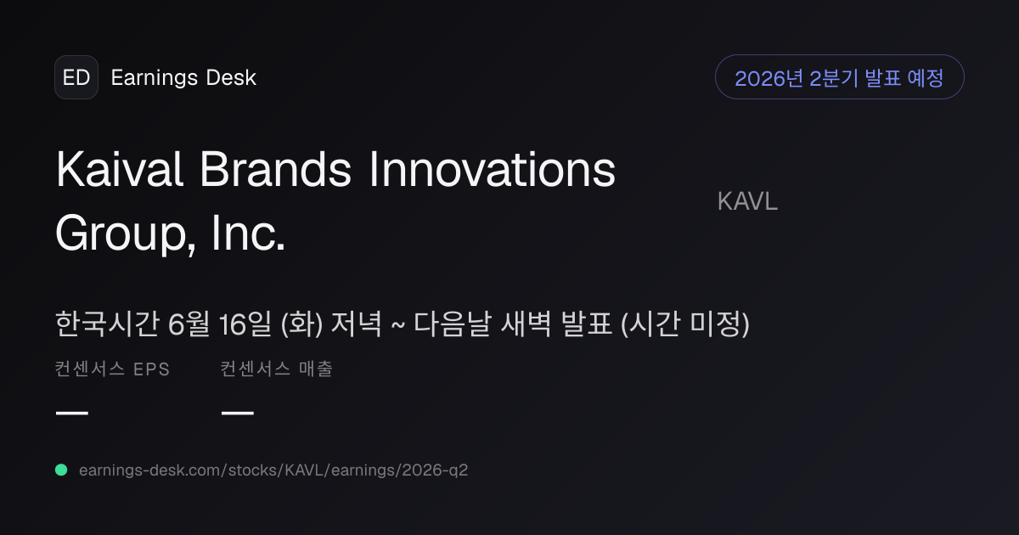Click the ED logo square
[x=76, y=77]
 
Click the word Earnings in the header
[x=155, y=78]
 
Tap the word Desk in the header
[x=231, y=77]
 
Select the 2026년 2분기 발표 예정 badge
[x=839, y=77]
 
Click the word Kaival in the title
[x=120, y=169]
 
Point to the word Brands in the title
[x=275, y=169]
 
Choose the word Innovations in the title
[x=493, y=169]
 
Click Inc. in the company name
[x=248, y=233]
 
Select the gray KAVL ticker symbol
[x=747, y=201]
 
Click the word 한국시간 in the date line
[x=107, y=324]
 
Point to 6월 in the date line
[x=189, y=324]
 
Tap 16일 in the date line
[x=245, y=324]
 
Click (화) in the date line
[x=301, y=324]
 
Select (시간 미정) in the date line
[x=684, y=324]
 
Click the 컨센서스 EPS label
[x=112, y=369]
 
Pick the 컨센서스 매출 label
[x=277, y=369]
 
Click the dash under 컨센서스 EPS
[x=72, y=413]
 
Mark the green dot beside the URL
[x=61, y=470]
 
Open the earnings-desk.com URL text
[x=273, y=470]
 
